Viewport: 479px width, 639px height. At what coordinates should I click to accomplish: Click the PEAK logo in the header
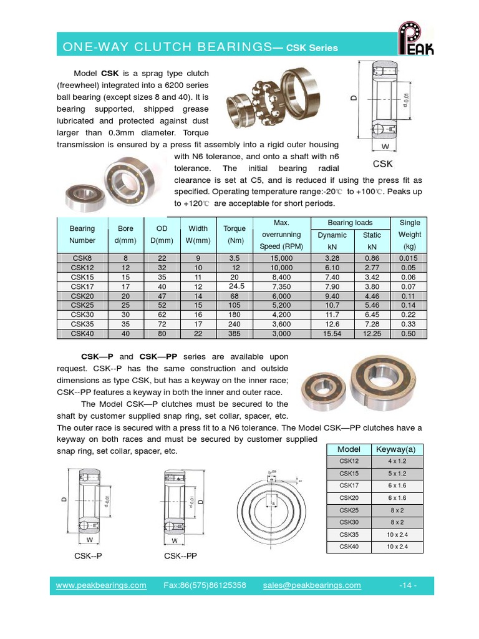click(416, 39)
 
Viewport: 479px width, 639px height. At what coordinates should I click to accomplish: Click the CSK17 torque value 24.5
click(235, 286)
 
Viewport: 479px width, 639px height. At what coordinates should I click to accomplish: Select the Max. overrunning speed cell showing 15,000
click(281, 258)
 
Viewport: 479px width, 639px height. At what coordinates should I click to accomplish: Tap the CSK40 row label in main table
click(82, 334)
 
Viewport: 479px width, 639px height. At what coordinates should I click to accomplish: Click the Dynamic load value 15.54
click(332, 334)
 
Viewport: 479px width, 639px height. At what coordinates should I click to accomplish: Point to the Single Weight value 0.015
click(409, 258)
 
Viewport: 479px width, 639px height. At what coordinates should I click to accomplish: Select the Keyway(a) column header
click(397, 449)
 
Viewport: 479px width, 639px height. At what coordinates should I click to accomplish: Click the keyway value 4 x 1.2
click(397, 462)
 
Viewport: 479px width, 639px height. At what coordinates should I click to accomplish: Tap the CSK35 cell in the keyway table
click(349, 535)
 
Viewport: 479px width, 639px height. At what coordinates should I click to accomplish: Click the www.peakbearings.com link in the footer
click(101, 585)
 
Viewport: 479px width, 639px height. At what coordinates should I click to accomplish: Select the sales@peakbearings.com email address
click(312, 585)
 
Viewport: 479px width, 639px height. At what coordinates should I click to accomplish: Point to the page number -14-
click(407, 585)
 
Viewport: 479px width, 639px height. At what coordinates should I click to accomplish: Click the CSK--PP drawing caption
click(180, 555)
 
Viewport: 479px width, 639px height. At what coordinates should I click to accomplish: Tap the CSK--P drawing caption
click(88, 555)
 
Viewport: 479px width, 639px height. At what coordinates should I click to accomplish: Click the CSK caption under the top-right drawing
click(383, 164)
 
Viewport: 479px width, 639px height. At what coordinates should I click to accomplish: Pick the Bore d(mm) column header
click(121, 235)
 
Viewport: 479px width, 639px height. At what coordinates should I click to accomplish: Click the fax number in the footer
click(205, 585)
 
